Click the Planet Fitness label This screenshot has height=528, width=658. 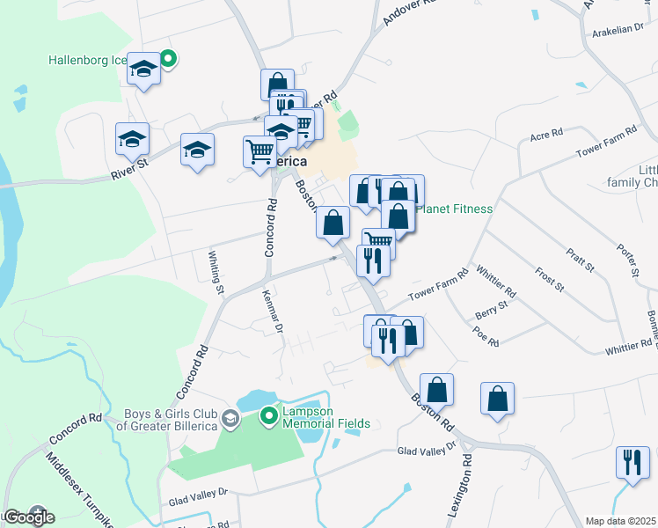point(454,209)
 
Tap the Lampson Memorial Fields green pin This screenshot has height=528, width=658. point(271,413)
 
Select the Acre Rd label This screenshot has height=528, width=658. point(545,136)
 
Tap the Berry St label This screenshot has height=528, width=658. point(492,310)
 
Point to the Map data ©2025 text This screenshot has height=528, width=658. point(620,521)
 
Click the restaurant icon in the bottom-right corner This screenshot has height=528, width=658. point(632,463)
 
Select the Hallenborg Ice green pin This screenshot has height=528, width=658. point(167,59)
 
